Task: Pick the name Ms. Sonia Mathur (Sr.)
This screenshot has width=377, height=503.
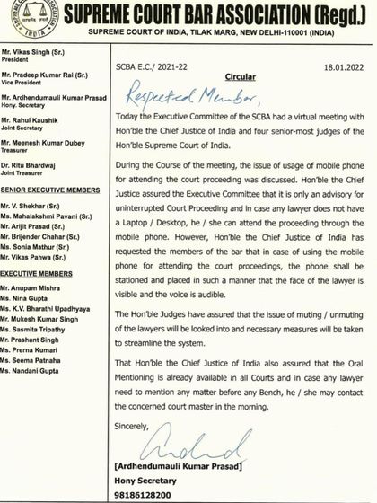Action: pyautogui.click(x=40, y=269)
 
